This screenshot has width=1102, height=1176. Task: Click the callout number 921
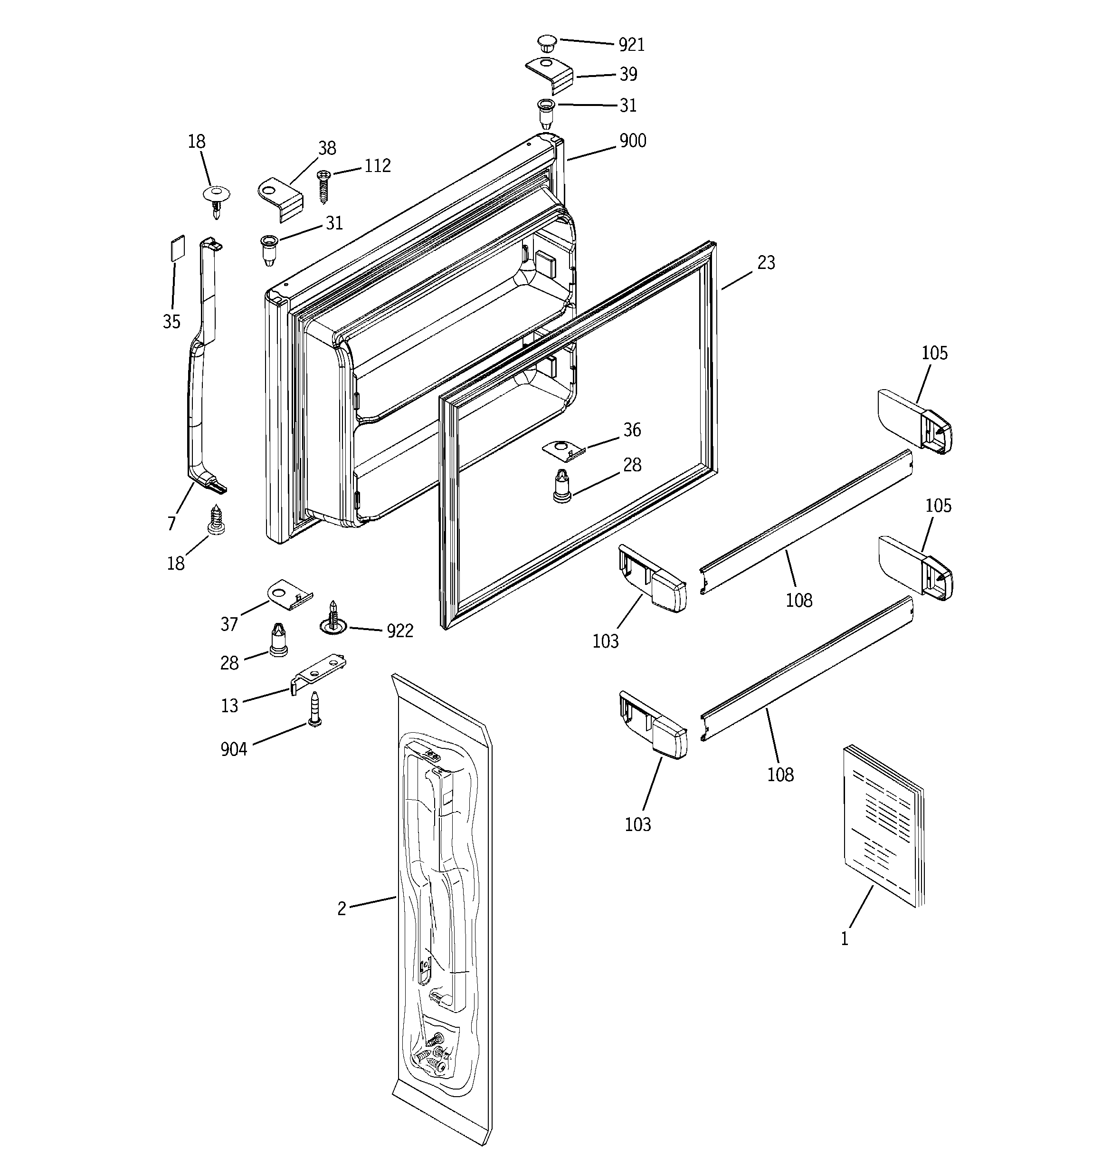(x=631, y=45)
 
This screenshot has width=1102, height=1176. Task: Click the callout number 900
(x=632, y=141)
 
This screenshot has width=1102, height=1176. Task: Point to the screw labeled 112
(x=323, y=186)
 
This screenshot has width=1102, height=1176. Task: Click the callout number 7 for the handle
(x=171, y=523)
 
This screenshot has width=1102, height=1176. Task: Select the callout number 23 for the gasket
(x=766, y=263)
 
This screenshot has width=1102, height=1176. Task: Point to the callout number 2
(x=342, y=908)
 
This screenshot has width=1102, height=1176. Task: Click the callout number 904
(x=234, y=749)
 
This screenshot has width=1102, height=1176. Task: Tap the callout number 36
(x=632, y=430)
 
